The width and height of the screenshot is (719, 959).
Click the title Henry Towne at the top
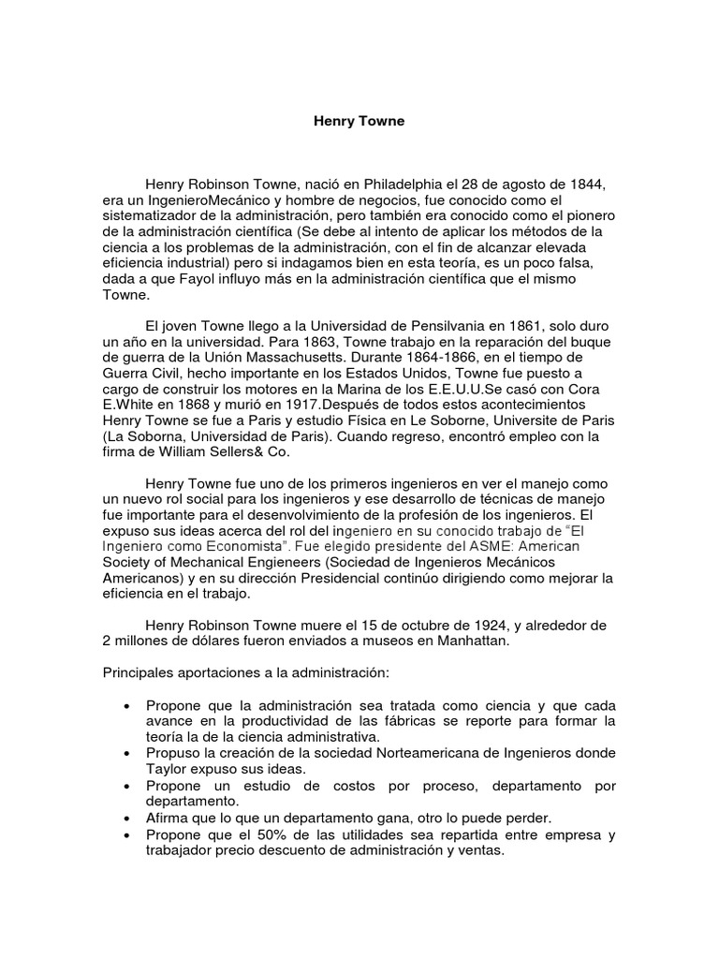point(359,122)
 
